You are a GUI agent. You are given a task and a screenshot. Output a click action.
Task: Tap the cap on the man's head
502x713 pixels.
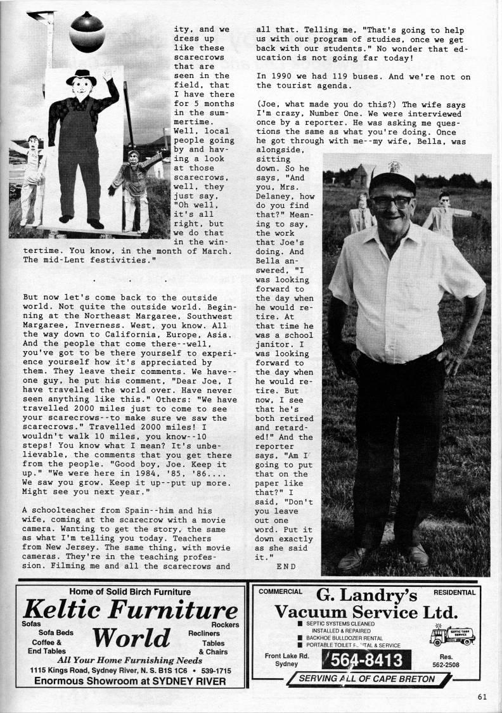392,179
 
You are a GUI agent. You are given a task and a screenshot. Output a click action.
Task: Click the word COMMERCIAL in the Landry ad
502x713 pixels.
281,592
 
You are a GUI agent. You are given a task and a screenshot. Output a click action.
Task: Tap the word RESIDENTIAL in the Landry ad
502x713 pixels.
454,593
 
